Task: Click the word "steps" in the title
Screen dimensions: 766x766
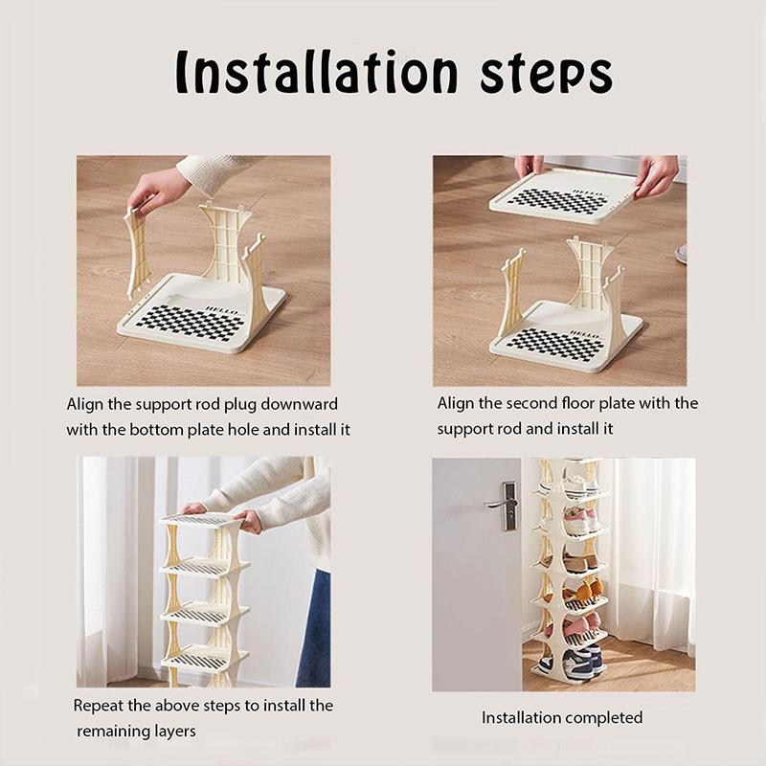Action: click(x=546, y=75)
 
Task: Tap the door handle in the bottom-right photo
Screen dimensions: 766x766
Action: click(x=504, y=506)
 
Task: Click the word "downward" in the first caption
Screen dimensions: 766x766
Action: click(x=299, y=404)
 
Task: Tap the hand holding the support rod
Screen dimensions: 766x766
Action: click(x=154, y=189)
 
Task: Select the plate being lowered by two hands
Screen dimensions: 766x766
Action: click(x=564, y=197)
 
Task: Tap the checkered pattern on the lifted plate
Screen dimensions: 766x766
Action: click(x=558, y=201)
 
